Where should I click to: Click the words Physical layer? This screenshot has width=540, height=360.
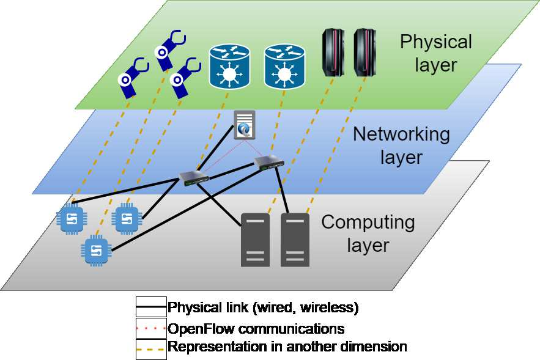(435, 53)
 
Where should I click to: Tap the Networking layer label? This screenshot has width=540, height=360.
(401, 145)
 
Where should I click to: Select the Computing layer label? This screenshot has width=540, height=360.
(368, 233)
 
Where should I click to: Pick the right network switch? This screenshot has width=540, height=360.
(268, 162)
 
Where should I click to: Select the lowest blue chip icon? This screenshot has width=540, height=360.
(95, 249)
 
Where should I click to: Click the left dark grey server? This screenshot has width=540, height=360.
(255, 239)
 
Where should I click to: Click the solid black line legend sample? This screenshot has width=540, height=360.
(151, 306)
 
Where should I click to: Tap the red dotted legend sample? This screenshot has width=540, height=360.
(151, 328)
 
